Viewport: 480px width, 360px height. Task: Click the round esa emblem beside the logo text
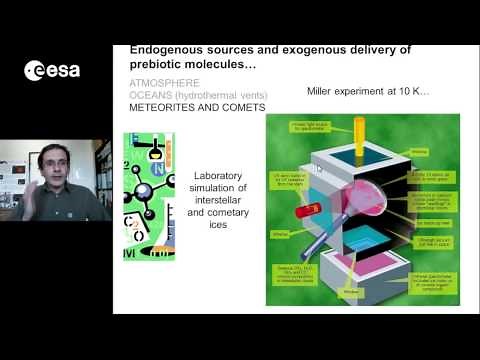(x=34, y=70)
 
